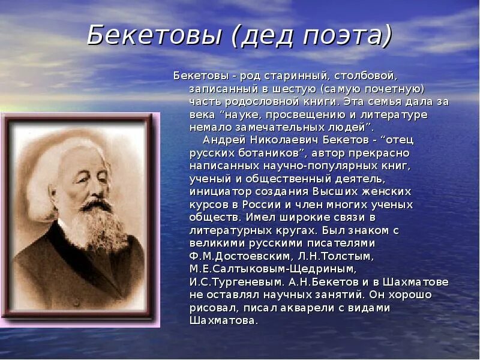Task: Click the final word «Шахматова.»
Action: tap(224, 321)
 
